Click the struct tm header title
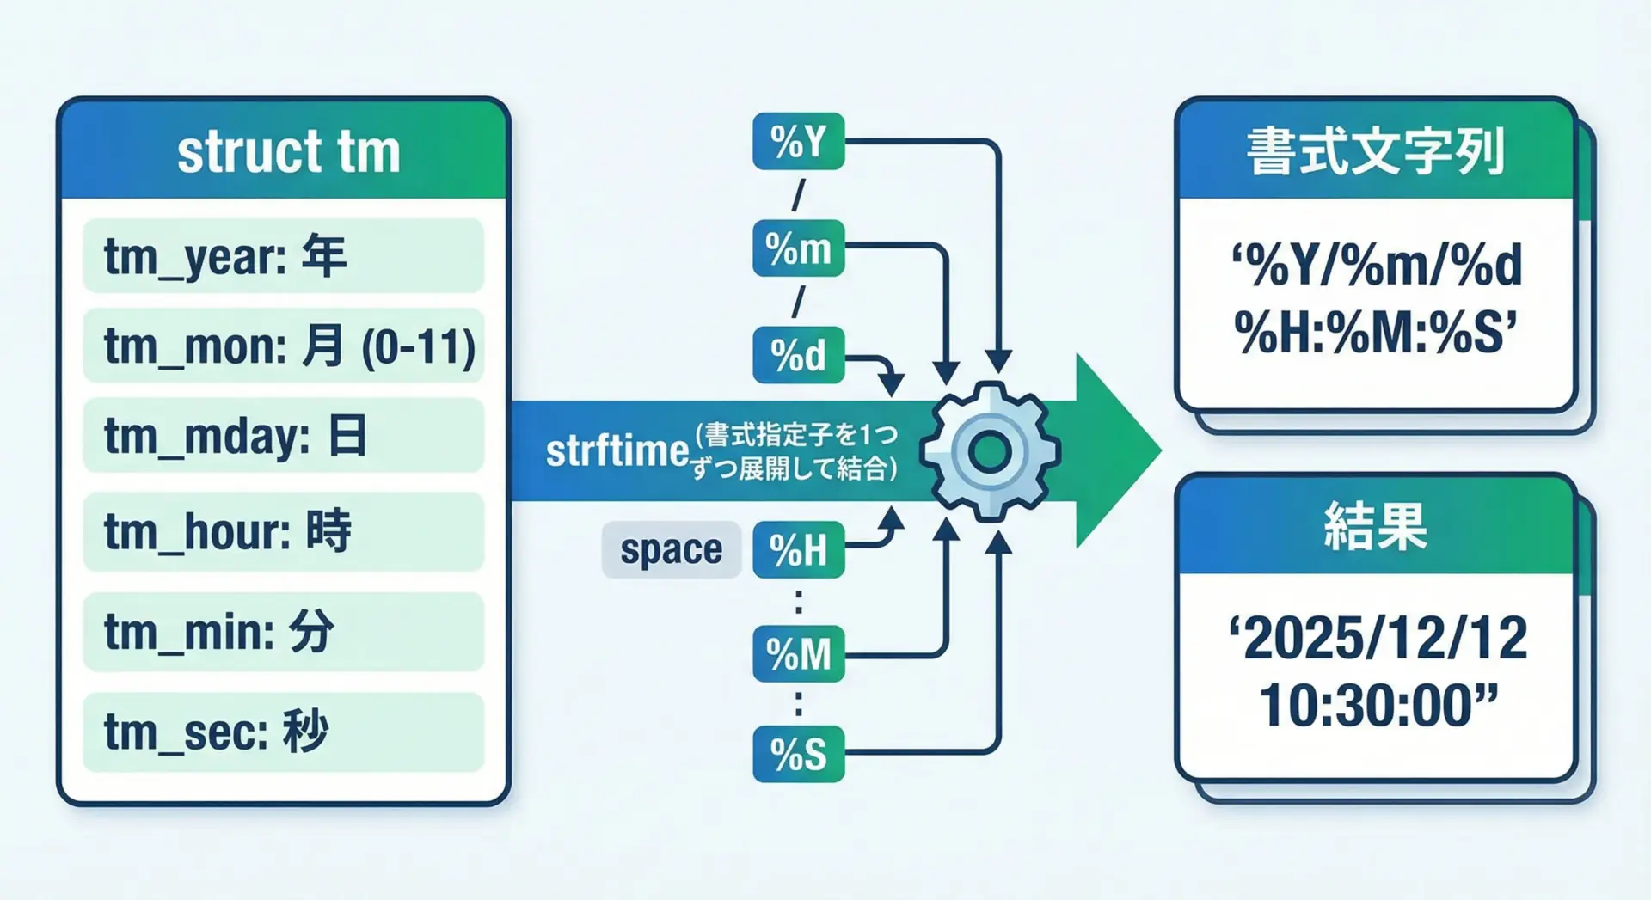[x=289, y=152]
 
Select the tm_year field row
[x=283, y=256]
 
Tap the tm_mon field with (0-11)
[x=283, y=346]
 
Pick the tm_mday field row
[x=283, y=435]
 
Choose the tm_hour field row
[x=283, y=531]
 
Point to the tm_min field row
[x=283, y=632]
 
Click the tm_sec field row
[x=283, y=732]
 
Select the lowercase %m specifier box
[x=798, y=249]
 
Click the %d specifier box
[x=798, y=355]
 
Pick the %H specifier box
[x=798, y=550]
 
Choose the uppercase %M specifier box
[x=798, y=655]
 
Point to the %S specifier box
[x=798, y=754]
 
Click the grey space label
[x=671, y=550]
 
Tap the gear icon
[x=990, y=451]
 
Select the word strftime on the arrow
[x=617, y=451]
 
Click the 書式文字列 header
[x=1376, y=152]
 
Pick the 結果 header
[x=1376, y=526]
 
